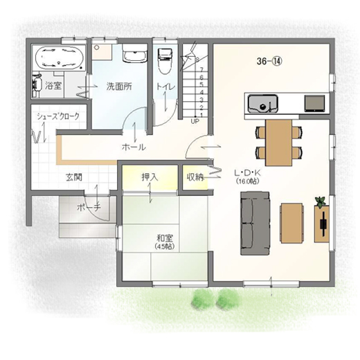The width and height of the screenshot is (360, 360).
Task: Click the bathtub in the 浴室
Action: pyautogui.click(x=60, y=57)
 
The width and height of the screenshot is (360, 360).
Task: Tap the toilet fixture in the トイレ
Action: pyautogui.click(x=165, y=61)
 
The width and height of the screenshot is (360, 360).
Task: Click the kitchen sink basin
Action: pyautogui.click(x=263, y=104)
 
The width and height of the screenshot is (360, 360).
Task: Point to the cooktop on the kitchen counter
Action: pyautogui.click(x=314, y=104)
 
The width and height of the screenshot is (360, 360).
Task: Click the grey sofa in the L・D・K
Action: pyautogui.click(x=255, y=223)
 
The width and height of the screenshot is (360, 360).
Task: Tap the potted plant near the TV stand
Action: pyautogui.click(x=321, y=201)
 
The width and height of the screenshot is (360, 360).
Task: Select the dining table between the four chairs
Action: pyautogui.click(x=279, y=143)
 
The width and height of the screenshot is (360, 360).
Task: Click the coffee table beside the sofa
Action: pyautogui.click(x=291, y=223)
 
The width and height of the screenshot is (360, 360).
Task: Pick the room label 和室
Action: pyautogui.click(x=165, y=237)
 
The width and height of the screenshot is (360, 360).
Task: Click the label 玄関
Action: pyautogui.click(x=74, y=177)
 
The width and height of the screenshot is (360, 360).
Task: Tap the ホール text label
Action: pyautogui.click(x=134, y=147)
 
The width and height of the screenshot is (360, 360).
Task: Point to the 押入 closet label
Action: pyautogui.click(x=150, y=177)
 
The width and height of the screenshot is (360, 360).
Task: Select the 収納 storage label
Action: pyautogui.click(x=195, y=177)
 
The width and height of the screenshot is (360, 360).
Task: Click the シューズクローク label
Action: pyautogui.click(x=58, y=116)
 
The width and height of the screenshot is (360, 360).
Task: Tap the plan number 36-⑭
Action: pyautogui.click(x=269, y=61)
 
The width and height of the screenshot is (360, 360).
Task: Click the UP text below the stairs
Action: pyautogui.click(x=195, y=121)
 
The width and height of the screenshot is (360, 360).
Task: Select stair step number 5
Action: pyautogui.click(x=201, y=84)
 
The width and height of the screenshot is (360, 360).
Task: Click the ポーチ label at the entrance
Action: pyautogui.click(x=89, y=207)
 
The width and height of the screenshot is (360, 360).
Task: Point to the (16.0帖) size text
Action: pyautogui.click(x=247, y=181)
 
